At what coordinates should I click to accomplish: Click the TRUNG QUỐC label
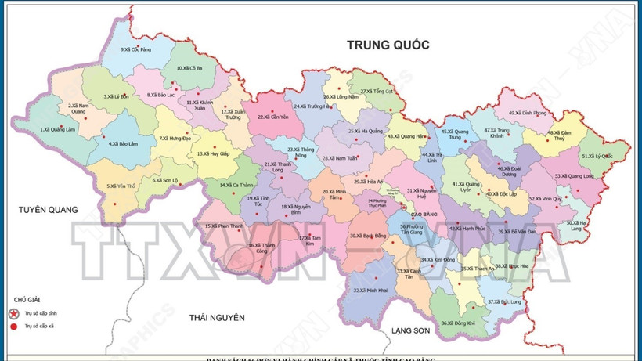coord(388,45)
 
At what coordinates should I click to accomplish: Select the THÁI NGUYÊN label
coord(211,318)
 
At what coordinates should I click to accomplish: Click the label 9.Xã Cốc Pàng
coord(135,49)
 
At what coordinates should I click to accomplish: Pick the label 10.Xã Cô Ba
coord(189,68)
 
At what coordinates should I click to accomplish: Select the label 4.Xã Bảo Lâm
coord(124,144)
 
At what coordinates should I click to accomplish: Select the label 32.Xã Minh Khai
coord(371,290)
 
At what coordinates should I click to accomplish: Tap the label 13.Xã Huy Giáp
coord(213,154)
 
